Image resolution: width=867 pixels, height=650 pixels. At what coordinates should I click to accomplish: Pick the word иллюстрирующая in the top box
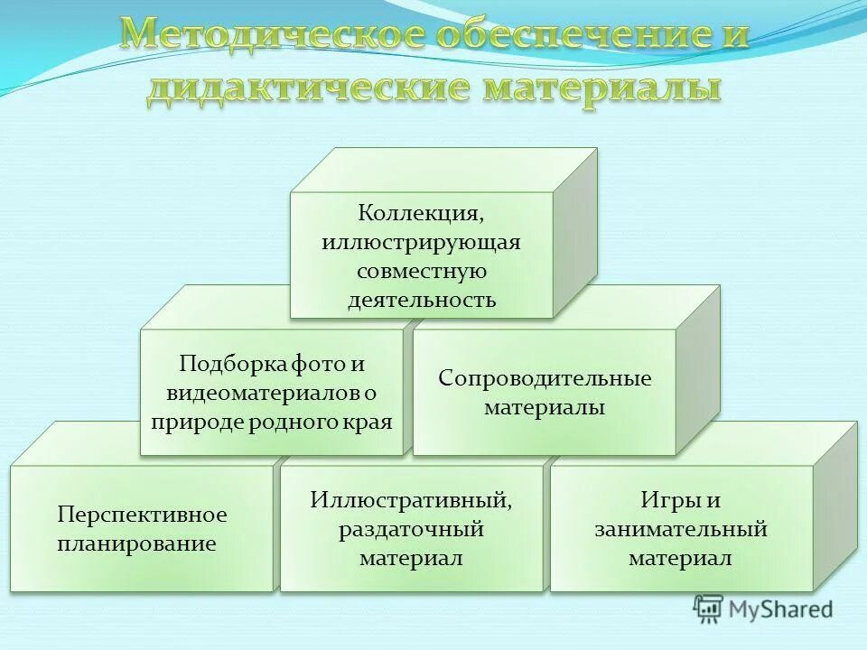coord(422,243)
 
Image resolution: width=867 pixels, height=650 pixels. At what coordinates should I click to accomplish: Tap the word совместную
coord(422,271)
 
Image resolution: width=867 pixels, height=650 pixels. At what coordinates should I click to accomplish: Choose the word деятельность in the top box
coord(422,300)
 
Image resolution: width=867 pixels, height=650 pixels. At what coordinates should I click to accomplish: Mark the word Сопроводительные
coord(545,377)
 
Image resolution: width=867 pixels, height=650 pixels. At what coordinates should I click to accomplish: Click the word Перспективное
coord(142,515)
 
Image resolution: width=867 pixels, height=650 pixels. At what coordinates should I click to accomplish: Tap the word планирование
coord(136,543)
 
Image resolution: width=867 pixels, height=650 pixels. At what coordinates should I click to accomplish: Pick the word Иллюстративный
coord(412,499)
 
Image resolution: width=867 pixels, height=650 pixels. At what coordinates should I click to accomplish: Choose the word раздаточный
coord(412,528)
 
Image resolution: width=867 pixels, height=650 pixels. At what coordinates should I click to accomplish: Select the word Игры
coord(667,499)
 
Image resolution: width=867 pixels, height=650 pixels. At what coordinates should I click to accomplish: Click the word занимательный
coord(681,528)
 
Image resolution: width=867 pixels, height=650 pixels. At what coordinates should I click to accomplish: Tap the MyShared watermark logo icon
coord(708,609)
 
